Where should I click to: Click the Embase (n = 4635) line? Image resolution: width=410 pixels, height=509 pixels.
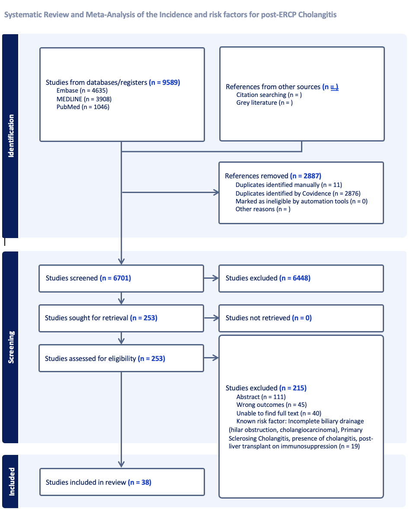(x=82, y=90)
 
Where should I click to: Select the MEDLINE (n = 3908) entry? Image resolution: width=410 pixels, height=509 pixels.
(x=84, y=99)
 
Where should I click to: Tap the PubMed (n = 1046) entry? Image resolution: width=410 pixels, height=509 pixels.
(x=83, y=107)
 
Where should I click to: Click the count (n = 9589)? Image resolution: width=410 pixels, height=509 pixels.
(x=164, y=82)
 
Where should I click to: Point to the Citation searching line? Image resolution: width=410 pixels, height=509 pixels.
(x=269, y=95)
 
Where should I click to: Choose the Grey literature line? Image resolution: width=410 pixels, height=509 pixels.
(x=265, y=103)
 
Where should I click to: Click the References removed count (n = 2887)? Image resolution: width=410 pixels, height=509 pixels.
(x=305, y=176)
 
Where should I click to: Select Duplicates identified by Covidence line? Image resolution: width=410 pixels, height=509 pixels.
(x=298, y=193)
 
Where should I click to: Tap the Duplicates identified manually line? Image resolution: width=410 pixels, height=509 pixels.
(x=289, y=185)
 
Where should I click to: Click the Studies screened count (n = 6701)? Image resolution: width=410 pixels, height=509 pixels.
(x=115, y=278)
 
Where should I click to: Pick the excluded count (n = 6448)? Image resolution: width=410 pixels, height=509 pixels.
(x=295, y=278)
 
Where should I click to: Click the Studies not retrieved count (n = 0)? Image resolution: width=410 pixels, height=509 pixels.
(x=302, y=318)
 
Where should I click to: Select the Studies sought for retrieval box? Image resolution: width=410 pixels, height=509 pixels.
(x=121, y=318)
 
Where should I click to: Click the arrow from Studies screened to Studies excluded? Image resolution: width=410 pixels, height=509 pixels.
(x=211, y=278)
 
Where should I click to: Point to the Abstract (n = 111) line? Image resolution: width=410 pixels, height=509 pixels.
(x=261, y=397)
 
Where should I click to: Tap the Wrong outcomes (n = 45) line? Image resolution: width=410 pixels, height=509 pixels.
(x=272, y=405)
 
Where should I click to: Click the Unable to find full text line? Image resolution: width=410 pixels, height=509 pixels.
(x=279, y=413)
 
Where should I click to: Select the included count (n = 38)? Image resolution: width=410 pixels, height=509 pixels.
(x=140, y=482)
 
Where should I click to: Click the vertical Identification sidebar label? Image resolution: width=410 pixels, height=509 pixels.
(x=11, y=136)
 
